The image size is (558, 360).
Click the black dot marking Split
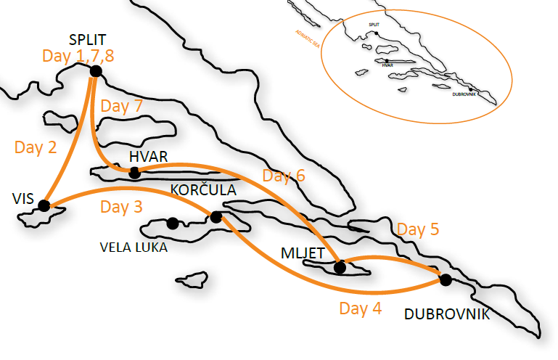click(95, 70)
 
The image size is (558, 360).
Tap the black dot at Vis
click(44, 205)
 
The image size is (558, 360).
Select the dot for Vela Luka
click(173, 224)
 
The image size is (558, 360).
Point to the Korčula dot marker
click(216, 216)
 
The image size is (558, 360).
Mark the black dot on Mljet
click(339, 267)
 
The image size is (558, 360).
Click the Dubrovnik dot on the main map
click(445, 279)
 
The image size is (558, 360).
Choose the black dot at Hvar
click(134, 172)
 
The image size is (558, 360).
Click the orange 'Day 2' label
click(36, 147)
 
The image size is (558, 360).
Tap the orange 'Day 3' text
click(121, 207)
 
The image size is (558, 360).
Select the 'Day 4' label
click(360, 308)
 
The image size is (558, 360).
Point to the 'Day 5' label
click(418, 230)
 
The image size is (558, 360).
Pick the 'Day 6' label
click(284, 176)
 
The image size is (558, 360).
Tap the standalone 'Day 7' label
click(121, 105)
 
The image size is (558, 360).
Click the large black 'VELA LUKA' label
click(134, 247)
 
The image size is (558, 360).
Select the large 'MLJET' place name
click(301, 253)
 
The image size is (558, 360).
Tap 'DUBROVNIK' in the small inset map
click(464, 94)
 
